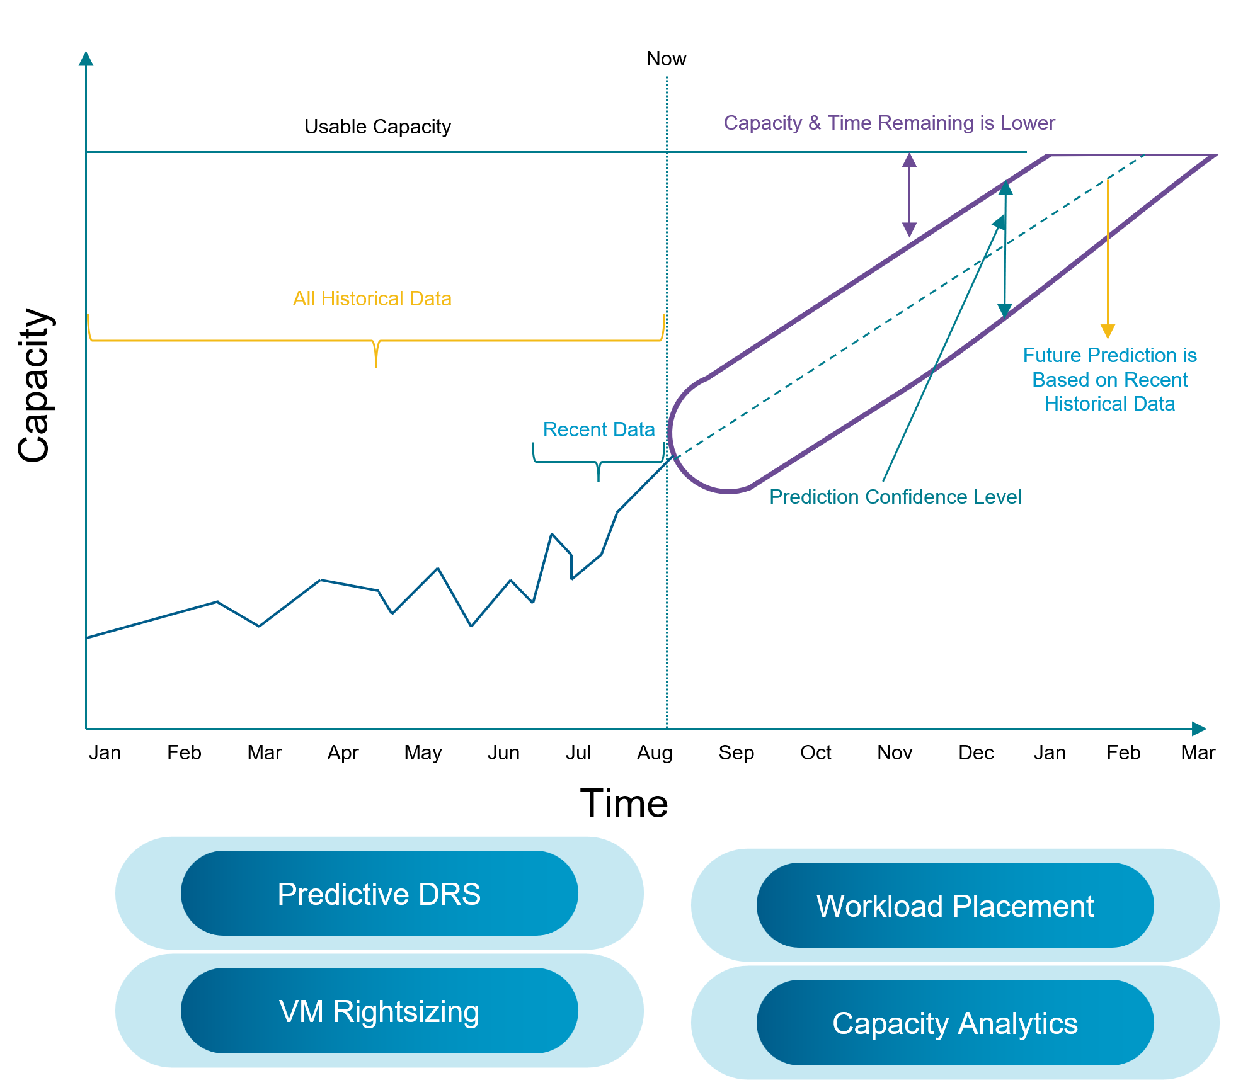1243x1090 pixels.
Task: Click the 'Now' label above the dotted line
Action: tap(666, 59)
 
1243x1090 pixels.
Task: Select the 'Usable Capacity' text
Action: tap(377, 127)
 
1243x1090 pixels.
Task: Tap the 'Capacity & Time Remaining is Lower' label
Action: tap(889, 123)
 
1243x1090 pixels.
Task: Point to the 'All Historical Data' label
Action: tap(372, 298)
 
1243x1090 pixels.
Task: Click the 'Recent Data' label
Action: tap(599, 429)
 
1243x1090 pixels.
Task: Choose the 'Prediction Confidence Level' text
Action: tap(895, 497)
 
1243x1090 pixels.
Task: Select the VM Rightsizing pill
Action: tap(379, 1011)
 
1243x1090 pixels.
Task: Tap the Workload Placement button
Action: tap(954, 905)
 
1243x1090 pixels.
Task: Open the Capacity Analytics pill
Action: tap(954, 1023)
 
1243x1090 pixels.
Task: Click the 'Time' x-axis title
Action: tap(624, 803)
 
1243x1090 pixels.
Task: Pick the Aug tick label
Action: tap(655, 752)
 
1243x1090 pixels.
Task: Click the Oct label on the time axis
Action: tap(815, 752)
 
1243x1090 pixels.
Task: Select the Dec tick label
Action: tap(976, 752)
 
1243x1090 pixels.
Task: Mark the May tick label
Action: tap(423, 752)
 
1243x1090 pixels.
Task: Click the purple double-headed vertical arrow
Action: tap(909, 195)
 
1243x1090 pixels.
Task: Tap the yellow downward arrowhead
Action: tap(1108, 331)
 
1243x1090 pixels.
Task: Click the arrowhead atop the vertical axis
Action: tap(86, 59)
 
